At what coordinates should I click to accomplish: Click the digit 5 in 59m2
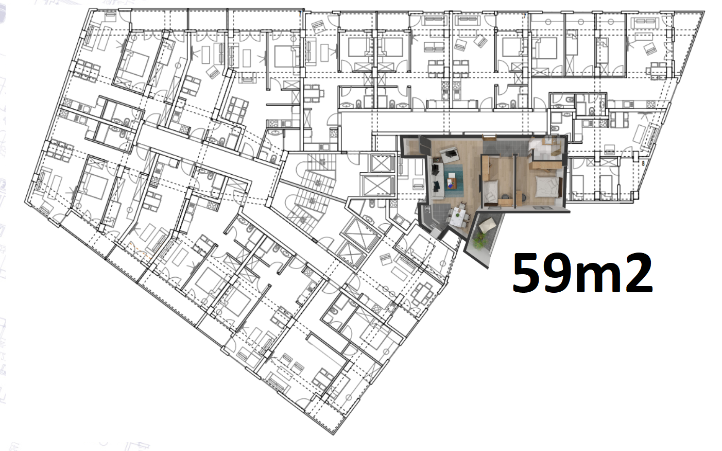pyautogui.click(x=529, y=273)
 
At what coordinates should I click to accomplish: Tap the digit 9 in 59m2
pyautogui.click(x=562, y=273)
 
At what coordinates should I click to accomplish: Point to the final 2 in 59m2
pyautogui.click(x=639, y=273)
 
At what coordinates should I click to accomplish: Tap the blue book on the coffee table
pyautogui.click(x=450, y=185)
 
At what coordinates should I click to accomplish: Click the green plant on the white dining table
pyautogui.click(x=457, y=213)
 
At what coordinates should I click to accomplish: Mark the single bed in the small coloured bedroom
pyautogui.click(x=491, y=191)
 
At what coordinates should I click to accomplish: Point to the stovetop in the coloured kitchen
pyautogui.click(x=428, y=210)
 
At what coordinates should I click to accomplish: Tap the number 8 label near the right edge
pyautogui.click(x=643, y=163)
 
